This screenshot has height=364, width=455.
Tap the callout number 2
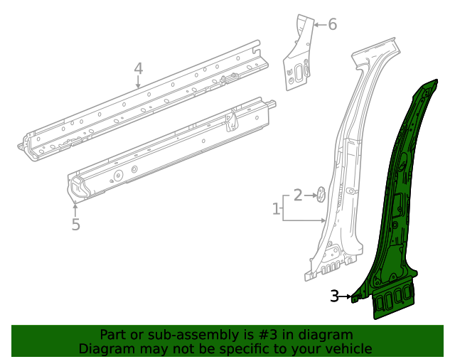coord(299,194)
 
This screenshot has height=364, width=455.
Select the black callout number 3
coord(334,296)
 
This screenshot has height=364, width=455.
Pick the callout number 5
coord(75,225)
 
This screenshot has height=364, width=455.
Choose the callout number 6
coord(332,25)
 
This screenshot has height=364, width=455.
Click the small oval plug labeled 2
coord(320,193)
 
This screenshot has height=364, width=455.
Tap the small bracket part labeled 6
coord(299,57)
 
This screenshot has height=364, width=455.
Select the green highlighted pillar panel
coord(398,213)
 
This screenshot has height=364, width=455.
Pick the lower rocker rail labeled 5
coord(171,149)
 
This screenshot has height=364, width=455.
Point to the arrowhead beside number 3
coord(350,297)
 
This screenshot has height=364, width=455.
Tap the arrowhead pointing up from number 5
coord(75,206)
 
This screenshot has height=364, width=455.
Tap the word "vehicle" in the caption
coord(347,348)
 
